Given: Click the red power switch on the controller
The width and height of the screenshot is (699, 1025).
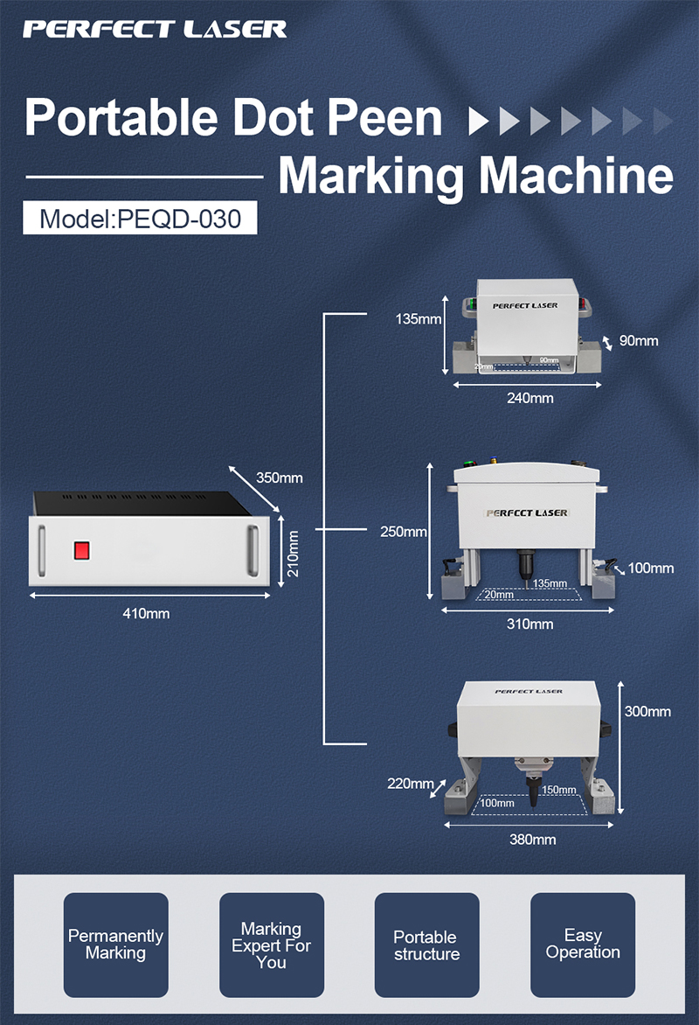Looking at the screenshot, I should pos(82,550).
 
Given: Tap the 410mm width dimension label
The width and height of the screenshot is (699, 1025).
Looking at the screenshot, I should pos(147,613).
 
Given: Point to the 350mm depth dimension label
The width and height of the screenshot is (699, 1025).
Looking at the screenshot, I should pos(280,478).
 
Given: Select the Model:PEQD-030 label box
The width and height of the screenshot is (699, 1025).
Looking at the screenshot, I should pos(140,218).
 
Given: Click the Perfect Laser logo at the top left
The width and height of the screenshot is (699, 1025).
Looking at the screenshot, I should pos(155,29).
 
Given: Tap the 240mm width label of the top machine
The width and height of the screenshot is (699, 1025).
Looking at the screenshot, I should pos(530,398).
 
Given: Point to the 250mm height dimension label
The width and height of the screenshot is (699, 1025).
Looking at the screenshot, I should pos(404,531).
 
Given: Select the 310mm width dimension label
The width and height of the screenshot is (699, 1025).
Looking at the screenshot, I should pos(530,624).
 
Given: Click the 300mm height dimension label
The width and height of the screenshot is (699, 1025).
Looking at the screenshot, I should pos(648,711).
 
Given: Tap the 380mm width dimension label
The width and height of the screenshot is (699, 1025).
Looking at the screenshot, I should pos(532,840).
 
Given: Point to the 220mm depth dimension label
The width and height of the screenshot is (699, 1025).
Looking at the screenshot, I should pos(411,783).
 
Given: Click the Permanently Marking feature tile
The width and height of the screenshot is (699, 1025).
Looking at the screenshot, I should pos(115,945).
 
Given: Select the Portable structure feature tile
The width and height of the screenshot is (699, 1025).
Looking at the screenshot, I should pos(426,945).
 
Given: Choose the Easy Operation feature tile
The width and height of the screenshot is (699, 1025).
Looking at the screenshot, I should pos(583,945).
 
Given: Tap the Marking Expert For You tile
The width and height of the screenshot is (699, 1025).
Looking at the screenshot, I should pos(271,945).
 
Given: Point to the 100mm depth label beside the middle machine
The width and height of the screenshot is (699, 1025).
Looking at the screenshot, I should pos(651,568).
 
